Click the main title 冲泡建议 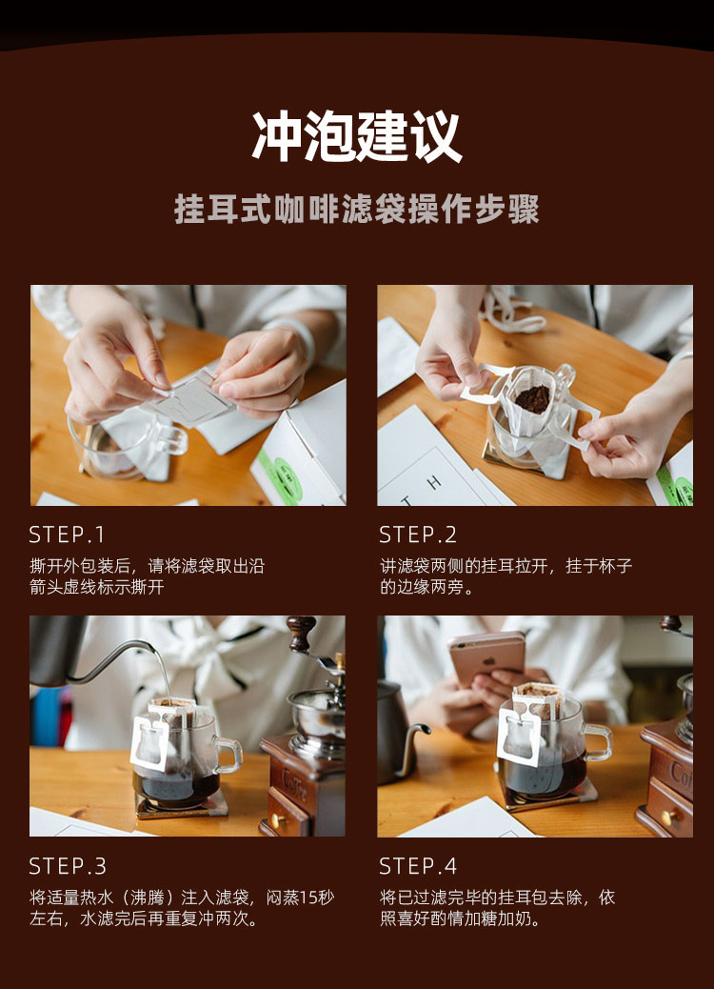coord(357,137)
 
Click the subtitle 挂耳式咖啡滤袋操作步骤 coord(357,210)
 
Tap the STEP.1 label coord(67,535)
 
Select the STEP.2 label coord(417,535)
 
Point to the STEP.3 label coord(68,866)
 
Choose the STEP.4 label coord(417,866)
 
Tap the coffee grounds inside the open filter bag coord(532,398)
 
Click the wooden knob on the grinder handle coord(301,632)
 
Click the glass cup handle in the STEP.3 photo coord(228,755)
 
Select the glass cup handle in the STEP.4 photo coord(598,741)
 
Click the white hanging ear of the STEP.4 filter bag coord(520,736)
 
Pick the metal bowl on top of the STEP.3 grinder coord(317,717)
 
